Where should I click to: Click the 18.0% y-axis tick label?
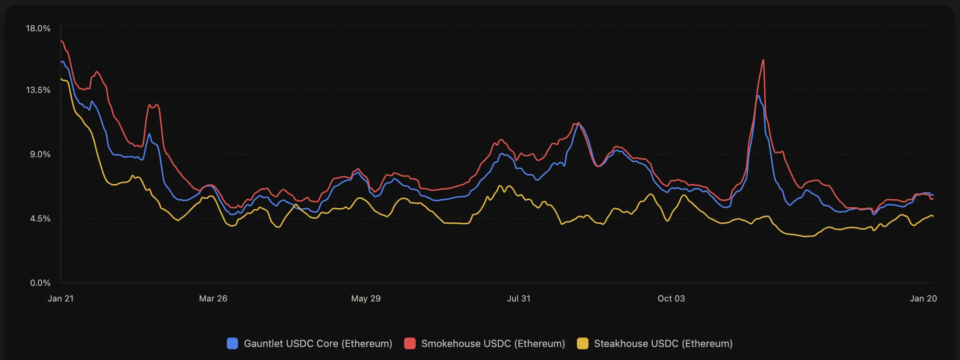[38, 28]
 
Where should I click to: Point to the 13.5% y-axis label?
[38, 90]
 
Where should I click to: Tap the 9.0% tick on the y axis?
[40, 154]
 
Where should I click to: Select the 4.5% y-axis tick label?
[40, 218]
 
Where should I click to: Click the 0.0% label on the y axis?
[40, 283]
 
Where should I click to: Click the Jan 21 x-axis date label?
[61, 299]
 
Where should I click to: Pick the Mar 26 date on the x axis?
[213, 299]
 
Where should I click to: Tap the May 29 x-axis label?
[366, 299]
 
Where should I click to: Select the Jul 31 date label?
[518, 299]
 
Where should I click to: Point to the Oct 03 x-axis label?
[671, 299]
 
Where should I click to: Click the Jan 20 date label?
[923, 299]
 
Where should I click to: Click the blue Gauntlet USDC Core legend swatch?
[232, 344]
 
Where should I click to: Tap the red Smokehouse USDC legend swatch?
[409, 344]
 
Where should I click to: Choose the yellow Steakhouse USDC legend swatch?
[582, 344]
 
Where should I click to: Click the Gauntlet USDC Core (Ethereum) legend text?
[318, 344]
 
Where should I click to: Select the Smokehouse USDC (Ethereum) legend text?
[493, 344]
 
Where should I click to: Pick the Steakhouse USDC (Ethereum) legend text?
[663, 344]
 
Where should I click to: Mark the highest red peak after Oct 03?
[763, 60]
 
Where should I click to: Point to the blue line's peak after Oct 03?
[758, 96]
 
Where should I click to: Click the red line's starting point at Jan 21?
[61, 41]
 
